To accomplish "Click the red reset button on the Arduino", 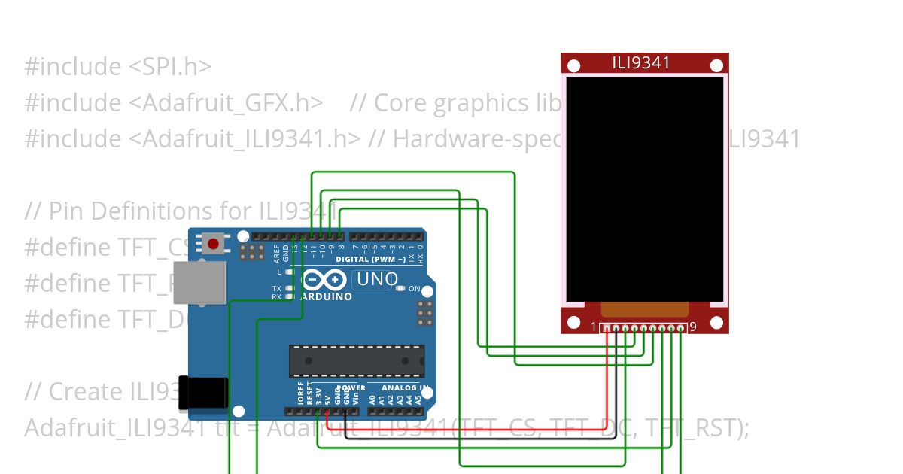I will coord(214,244).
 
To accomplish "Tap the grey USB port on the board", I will coord(199,282).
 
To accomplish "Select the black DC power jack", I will coord(203,393).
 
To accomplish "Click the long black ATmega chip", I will coord(357,360).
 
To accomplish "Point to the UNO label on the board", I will coord(377,279).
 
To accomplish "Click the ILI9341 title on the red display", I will coord(641,63).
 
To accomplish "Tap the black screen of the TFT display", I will coord(644,188).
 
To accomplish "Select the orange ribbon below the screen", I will coord(645,309).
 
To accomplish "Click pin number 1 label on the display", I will coord(593,327).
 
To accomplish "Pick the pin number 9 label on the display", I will coord(693,327).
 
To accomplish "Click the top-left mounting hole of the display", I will coord(573,66).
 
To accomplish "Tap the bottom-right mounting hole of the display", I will coord(716,323).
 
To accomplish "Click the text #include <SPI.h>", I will coord(117,67).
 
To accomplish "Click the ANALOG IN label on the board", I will coord(408,388).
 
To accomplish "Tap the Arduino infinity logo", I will coord(325,281).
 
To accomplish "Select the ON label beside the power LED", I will coord(414,289).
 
